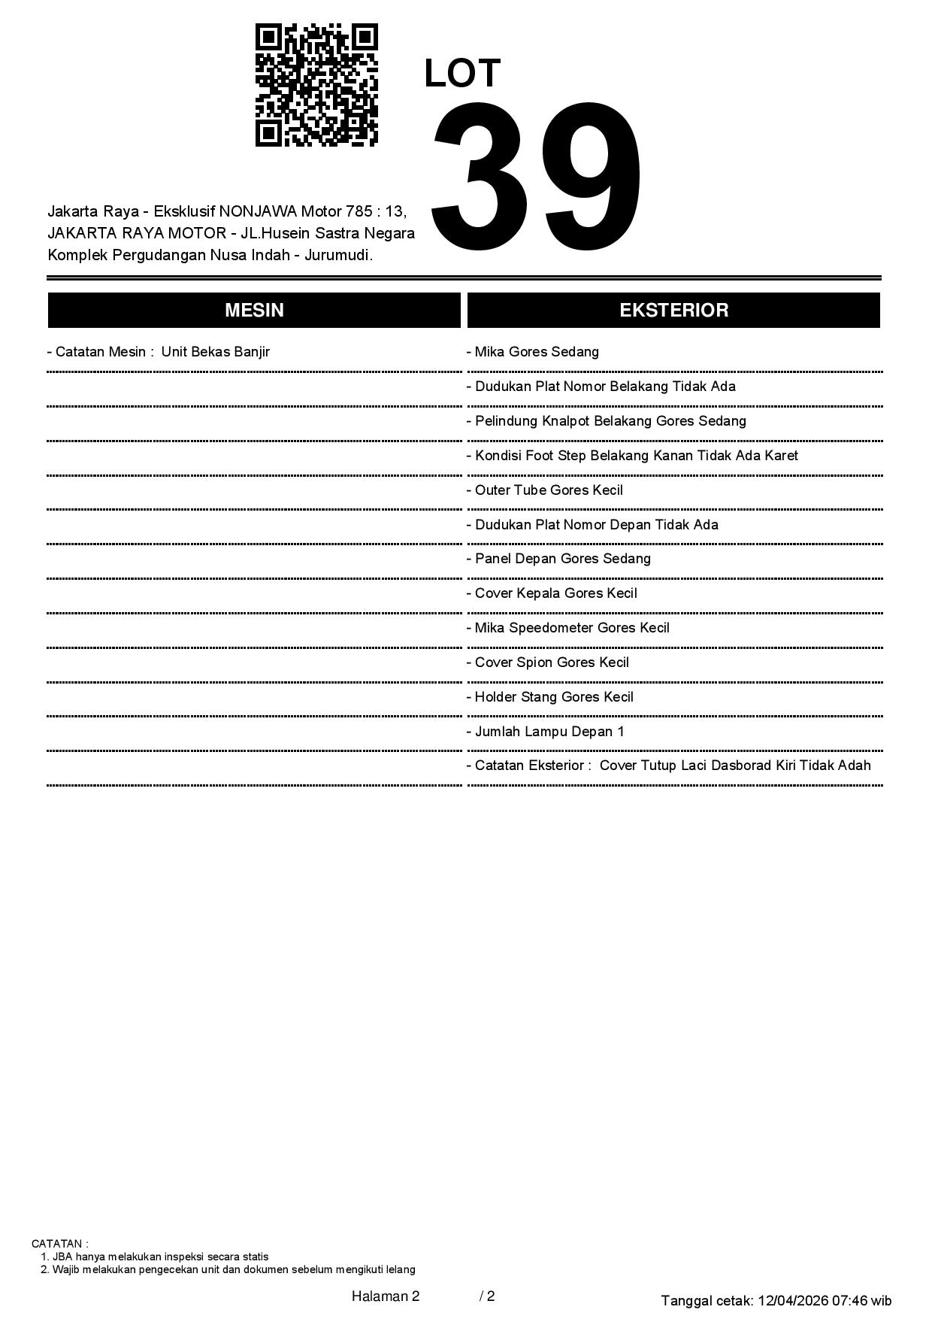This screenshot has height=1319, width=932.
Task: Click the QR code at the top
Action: pos(316,84)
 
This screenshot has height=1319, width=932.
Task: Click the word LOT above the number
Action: pos(462,74)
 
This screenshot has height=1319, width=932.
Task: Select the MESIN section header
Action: pos(254,311)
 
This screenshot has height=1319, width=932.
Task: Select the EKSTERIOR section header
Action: pos(673,311)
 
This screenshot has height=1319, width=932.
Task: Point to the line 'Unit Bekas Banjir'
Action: pos(215,352)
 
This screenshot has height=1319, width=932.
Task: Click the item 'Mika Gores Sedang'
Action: pos(537,352)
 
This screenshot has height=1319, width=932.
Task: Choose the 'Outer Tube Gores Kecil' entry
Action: pos(549,490)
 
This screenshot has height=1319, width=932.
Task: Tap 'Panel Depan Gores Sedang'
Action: pos(562,559)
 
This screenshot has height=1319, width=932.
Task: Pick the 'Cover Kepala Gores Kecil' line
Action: pos(555,593)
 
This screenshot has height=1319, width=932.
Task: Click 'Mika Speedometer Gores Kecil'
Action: pos(571,628)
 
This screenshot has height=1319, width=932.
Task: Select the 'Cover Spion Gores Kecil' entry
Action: pos(552,663)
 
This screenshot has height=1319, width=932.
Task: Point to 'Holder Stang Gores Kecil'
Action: pos(554,697)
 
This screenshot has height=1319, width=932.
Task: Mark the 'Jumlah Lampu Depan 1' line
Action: pos(549,732)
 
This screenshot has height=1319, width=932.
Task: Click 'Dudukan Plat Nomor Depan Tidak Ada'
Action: pos(596,525)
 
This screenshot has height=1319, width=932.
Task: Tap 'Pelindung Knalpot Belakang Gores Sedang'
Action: pos(610,421)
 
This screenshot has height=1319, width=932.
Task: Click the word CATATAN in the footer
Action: pos(59,1244)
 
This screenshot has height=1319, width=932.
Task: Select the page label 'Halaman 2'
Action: pos(386,1296)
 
